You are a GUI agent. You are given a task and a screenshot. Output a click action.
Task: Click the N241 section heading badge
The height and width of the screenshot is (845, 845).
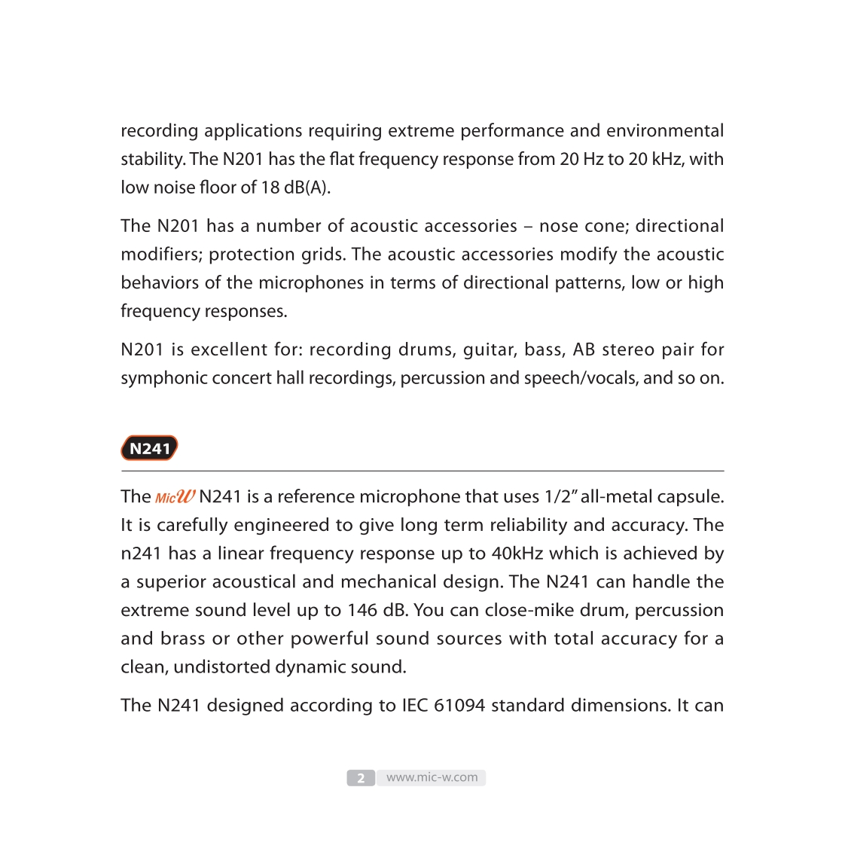(149, 448)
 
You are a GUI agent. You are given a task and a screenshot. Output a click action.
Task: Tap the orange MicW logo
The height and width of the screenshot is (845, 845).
(175, 497)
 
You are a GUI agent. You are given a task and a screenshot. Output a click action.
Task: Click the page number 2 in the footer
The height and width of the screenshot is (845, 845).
(361, 778)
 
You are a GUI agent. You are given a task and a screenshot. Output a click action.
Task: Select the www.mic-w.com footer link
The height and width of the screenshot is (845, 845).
(432, 777)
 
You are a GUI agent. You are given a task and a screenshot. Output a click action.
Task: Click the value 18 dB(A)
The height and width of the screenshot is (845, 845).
(295, 188)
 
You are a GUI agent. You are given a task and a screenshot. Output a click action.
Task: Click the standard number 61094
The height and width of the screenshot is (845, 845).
(459, 706)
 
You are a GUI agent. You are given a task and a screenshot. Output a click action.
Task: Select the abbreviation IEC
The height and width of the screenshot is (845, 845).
(414, 706)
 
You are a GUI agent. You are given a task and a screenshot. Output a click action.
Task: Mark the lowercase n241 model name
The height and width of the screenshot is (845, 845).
(141, 554)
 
